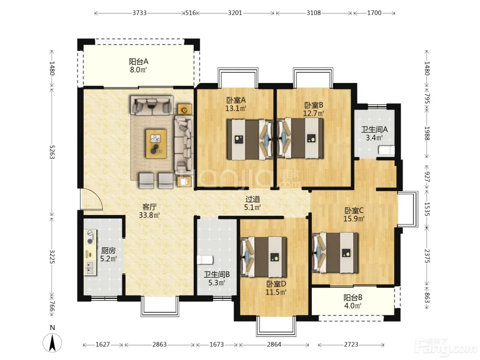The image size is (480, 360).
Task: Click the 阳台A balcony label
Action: (139, 62)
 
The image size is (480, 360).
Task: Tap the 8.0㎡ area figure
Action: (139, 70)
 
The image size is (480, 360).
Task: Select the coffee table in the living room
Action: (156, 144)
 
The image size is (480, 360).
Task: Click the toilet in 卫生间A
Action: (386, 151)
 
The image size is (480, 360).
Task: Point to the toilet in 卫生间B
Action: (205, 260)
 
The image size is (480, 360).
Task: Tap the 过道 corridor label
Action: (253, 199)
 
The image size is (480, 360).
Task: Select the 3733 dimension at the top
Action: (139, 13)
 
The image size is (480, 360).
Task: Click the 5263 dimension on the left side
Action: (52, 152)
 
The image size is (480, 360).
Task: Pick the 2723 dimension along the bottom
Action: (351, 345)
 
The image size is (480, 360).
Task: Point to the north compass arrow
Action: (52, 343)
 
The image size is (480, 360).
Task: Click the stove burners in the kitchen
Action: (90, 237)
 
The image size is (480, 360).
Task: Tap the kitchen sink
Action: (90, 268)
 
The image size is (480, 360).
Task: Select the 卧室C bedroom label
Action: (354, 210)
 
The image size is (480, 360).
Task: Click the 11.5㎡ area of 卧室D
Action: (276, 292)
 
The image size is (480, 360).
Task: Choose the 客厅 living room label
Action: (149, 207)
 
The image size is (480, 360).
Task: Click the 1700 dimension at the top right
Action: (374, 13)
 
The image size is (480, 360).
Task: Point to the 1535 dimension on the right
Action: (427, 209)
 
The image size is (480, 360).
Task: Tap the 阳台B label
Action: (353, 298)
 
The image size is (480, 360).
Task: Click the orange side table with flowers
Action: (184, 109)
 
